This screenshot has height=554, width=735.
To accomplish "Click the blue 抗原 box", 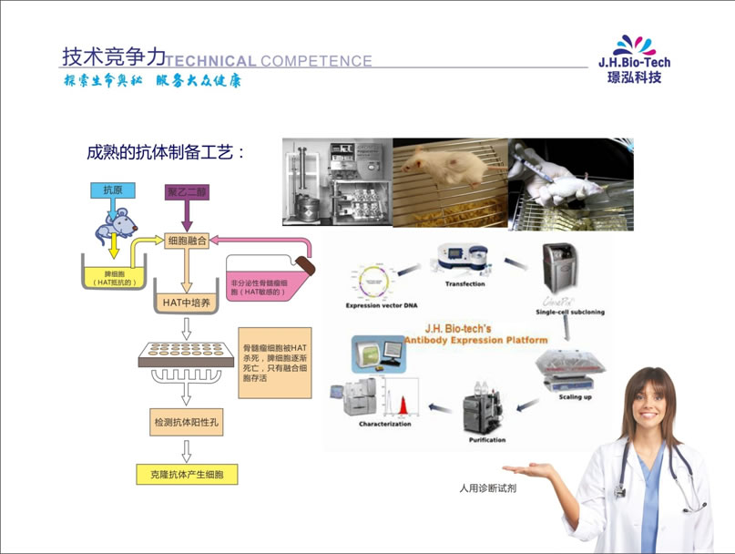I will pos(112,190).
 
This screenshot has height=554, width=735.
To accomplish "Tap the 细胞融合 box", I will pos(188,241).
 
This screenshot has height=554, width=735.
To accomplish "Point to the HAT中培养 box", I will pos(187,302).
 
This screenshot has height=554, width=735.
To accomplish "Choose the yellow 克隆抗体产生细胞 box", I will pos(186,474).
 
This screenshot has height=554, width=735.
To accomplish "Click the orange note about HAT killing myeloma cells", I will pos(275,362).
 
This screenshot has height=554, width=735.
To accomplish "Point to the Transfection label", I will pos(464,284).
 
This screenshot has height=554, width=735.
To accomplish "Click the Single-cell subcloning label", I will pos(570,312).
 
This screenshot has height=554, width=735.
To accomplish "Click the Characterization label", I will pos(385,425).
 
